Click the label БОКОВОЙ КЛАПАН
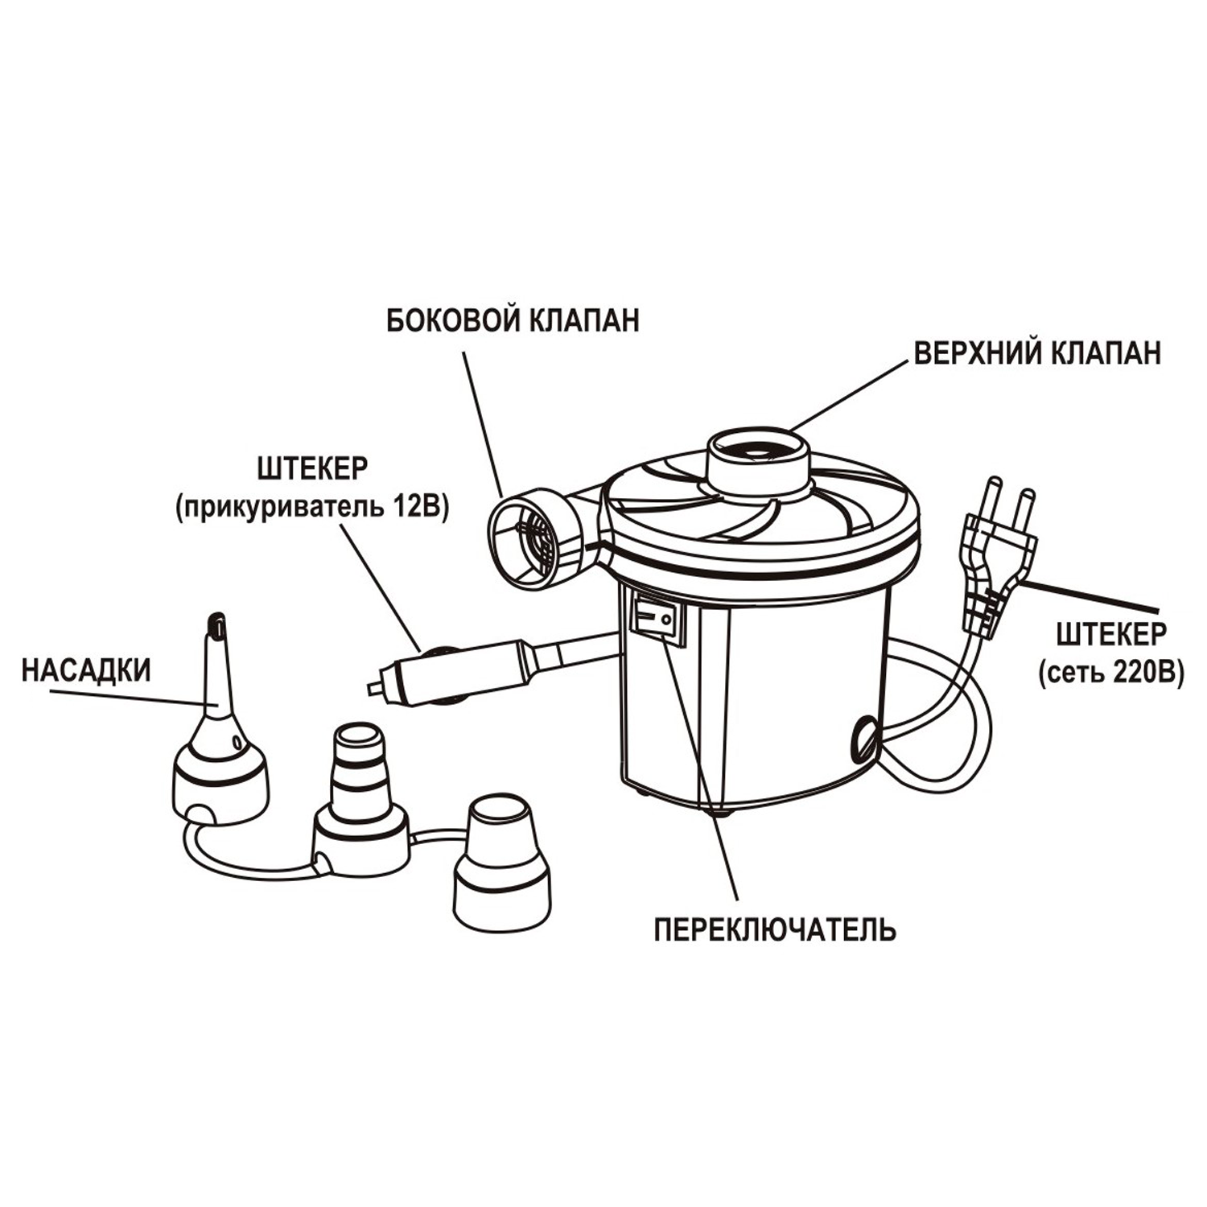click(513, 320)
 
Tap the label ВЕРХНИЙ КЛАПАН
click(1037, 352)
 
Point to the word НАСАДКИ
click(86, 671)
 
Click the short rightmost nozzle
click(502, 869)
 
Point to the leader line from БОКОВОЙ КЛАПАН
click(481, 422)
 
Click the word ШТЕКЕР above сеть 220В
click(1110, 634)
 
